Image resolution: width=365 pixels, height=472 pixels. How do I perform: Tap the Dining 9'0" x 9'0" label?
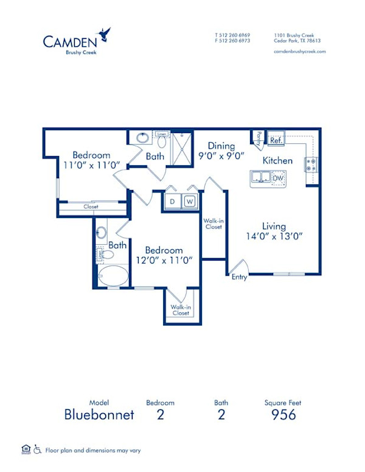pos(221,151)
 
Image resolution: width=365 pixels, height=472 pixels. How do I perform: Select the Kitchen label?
pos(277,161)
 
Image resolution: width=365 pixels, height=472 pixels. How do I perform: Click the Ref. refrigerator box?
pos(276,140)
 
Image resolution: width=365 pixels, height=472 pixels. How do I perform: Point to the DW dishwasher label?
pos(277,179)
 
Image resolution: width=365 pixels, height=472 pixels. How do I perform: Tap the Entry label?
pos(238,277)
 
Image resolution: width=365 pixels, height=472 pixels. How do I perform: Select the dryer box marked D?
pos(172,201)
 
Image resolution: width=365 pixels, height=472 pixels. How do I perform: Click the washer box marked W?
pos(189,201)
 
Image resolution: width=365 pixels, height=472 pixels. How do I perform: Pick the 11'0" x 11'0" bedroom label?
pos(92,160)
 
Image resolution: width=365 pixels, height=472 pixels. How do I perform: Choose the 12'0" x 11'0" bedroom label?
pos(164,255)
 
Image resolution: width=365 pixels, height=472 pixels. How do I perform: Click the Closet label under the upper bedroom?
pos(92,207)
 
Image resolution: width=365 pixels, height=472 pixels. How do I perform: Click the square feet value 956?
pos(283,415)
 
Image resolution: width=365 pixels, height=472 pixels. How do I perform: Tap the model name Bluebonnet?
pos(99,415)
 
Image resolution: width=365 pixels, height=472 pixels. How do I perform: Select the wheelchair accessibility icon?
pos(37,450)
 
